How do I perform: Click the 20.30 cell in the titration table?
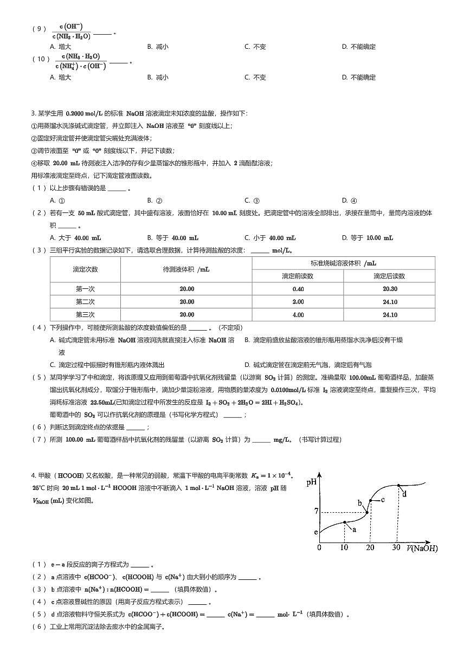tap(389, 289)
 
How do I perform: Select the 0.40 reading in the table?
tap(298, 289)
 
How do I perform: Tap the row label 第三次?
tap(85, 315)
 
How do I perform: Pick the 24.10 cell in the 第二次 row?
tap(389, 302)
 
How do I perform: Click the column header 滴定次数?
tap(85, 269)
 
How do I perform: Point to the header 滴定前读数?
tap(298, 276)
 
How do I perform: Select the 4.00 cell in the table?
tap(298, 315)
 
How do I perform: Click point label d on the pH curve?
tap(404, 493)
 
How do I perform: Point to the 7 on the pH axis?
tap(316, 512)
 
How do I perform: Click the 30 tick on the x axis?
tap(396, 547)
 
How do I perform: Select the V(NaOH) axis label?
tap(422, 548)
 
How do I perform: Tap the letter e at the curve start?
tap(316, 532)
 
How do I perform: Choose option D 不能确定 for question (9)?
tap(358, 47)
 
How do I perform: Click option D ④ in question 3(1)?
tap(349, 201)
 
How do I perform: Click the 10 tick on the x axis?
tap(344, 547)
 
